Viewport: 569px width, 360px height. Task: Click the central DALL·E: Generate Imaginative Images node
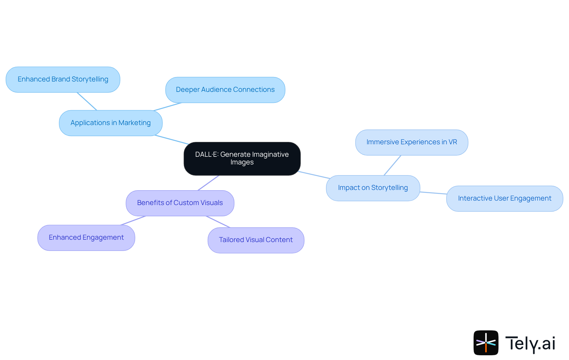pyautogui.click(x=242, y=159)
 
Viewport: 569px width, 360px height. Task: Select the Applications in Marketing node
pyautogui.click(x=111, y=123)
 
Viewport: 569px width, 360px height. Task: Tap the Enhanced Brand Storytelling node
pyautogui.click(x=63, y=79)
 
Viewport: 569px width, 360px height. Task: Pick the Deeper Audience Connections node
pyautogui.click(x=225, y=90)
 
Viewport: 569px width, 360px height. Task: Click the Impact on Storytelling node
pyautogui.click(x=373, y=188)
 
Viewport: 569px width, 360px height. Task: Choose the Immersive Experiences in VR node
pyautogui.click(x=412, y=142)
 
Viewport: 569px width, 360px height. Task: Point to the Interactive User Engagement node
pyautogui.click(x=504, y=199)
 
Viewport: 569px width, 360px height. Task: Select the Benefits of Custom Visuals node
pyautogui.click(x=180, y=203)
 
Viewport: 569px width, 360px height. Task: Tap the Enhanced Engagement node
pyautogui.click(x=86, y=238)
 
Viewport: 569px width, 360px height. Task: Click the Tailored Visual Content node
pyautogui.click(x=256, y=240)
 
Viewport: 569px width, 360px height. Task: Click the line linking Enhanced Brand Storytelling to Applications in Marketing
pyautogui.click(x=87, y=101)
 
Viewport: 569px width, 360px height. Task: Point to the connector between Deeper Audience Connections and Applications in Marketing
pyautogui.click(x=168, y=107)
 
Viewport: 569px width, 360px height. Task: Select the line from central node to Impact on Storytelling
pyautogui.click(x=314, y=175)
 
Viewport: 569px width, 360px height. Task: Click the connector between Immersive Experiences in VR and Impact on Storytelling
pyautogui.click(x=392, y=165)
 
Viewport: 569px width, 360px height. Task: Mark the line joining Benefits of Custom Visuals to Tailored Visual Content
pyautogui.click(x=218, y=222)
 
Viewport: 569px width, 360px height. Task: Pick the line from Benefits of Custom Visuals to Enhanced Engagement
pyautogui.click(x=133, y=220)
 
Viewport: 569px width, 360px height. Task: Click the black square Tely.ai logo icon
pyautogui.click(x=486, y=343)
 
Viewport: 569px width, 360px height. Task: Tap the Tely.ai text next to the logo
pyautogui.click(x=530, y=343)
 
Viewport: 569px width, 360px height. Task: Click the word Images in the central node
pyautogui.click(x=242, y=162)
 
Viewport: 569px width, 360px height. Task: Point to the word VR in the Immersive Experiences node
pyautogui.click(x=453, y=142)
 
